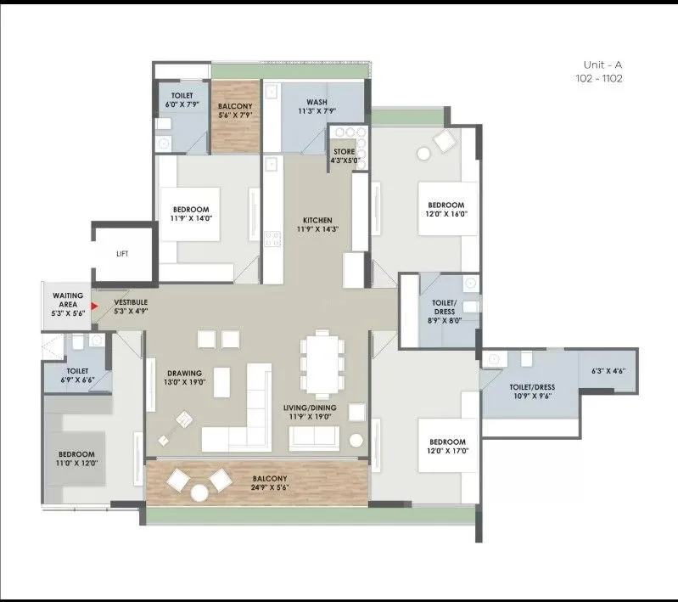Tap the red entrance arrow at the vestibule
[x=95, y=305]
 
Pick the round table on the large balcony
[x=199, y=492]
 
